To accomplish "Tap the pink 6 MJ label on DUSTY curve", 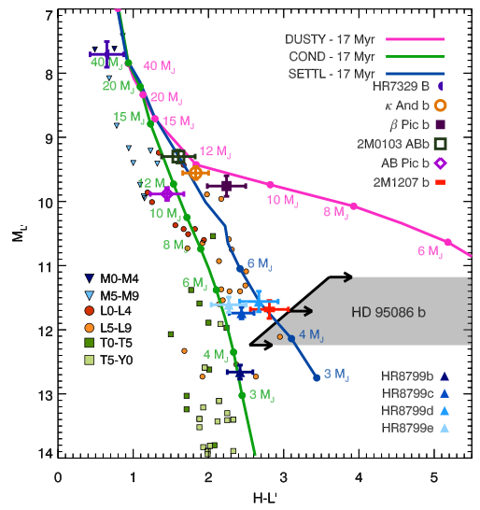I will [x=430, y=251].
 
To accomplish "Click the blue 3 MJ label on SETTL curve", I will [x=332, y=375].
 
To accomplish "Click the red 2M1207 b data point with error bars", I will [x=269, y=308].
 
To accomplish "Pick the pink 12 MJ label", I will [x=214, y=149].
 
